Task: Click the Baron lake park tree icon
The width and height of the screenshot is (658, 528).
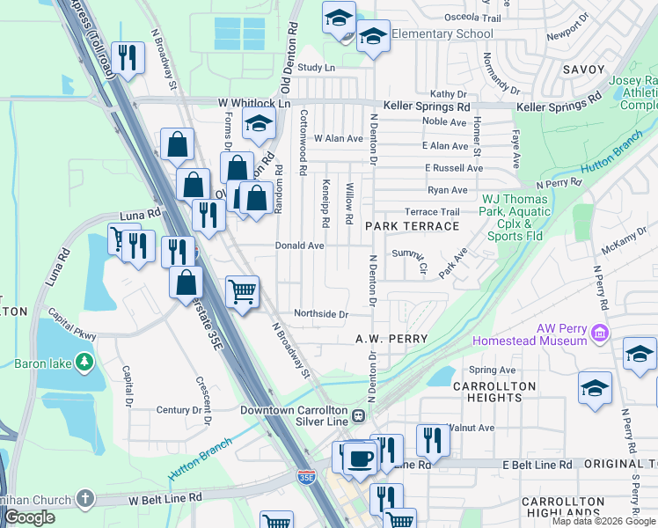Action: click(x=84, y=362)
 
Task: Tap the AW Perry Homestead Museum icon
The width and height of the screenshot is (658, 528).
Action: click(x=601, y=333)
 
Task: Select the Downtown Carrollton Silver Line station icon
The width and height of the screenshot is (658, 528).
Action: click(x=359, y=416)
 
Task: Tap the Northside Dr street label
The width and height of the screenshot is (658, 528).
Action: click(x=321, y=314)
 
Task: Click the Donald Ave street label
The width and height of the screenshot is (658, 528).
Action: click(x=302, y=246)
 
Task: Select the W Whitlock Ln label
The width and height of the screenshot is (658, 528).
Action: click(x=254, y=103)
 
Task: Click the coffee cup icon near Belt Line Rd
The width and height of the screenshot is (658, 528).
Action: click(x=359, y=458)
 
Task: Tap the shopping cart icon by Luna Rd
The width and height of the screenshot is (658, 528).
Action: click(x=120, y=238)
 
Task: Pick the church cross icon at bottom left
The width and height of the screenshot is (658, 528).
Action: click(x=84, y=499)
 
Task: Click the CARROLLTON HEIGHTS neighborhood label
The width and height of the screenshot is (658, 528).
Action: click(x=494, y=392)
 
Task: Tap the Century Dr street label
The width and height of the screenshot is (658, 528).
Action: click(x=179, y=410)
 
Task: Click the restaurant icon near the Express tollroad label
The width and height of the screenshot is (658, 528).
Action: click(x=128, y=58)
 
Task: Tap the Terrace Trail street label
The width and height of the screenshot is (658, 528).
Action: click(x=432, y=212)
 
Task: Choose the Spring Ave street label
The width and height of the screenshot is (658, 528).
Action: click(x=493, y=370)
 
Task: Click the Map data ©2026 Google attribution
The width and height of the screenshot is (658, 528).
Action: click(x=603, y=521)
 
